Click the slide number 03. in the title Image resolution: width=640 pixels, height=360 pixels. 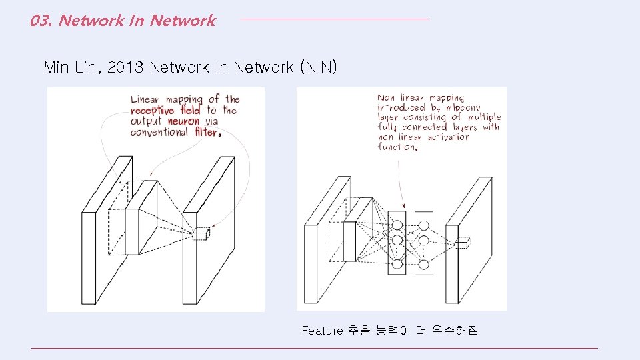click(41, 21)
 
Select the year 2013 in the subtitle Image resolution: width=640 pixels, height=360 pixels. click(125, 67)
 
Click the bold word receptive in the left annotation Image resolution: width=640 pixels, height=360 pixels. click(152, 111)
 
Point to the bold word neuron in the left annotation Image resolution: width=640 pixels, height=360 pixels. click(183, 121)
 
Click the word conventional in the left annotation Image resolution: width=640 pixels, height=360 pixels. click(159, 132)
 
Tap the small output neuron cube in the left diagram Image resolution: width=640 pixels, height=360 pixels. click(201, 233)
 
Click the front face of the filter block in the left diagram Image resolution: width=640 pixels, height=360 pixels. click(132, 231)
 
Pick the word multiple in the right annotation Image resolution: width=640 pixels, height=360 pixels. click(484, 117)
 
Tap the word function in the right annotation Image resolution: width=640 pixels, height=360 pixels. click(397, 147)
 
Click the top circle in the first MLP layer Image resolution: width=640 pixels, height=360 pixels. click(397, 223)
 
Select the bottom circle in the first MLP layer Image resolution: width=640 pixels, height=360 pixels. click(397, 265)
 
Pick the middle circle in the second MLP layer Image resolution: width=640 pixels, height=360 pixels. click(423, 240)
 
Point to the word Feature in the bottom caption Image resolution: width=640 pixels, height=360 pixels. click(321, 331)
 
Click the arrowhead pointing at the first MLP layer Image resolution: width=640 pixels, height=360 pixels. click(403, 205)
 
